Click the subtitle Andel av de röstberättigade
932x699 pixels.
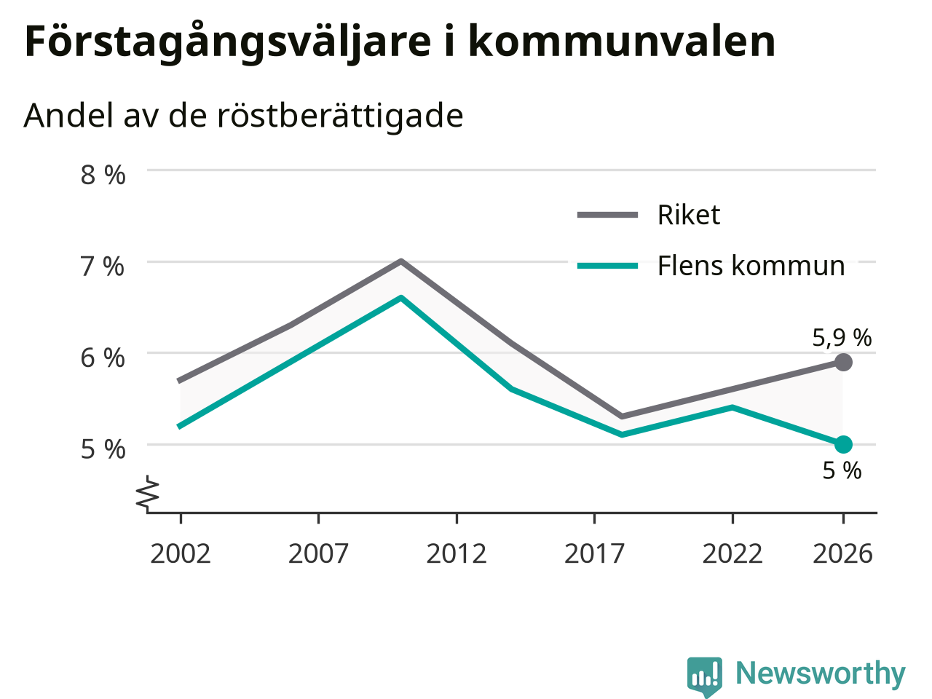tap(243, 116)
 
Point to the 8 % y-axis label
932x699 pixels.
tap(103, 175)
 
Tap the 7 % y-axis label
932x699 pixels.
tap(103, 266)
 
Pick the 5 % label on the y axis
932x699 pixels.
tap(103, 449)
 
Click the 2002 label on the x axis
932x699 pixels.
tap(181, 554)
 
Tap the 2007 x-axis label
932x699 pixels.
tap(318, 554)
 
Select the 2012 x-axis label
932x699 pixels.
tap(457, 554)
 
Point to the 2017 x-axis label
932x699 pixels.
tap(594, 554)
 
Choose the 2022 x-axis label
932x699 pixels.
tap(732, 554)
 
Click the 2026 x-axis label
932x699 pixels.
tap(843, 554)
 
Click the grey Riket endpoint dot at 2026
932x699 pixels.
tap(843, 362)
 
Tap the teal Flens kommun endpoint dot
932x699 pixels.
tap(843, 444)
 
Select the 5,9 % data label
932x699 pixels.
tap(842, 339)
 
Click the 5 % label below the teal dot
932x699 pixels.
tap(842, 470)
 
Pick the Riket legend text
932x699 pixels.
tap(689, 215)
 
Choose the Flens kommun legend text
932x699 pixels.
tap(751, 266)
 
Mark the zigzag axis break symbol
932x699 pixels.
tap(147, 492)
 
